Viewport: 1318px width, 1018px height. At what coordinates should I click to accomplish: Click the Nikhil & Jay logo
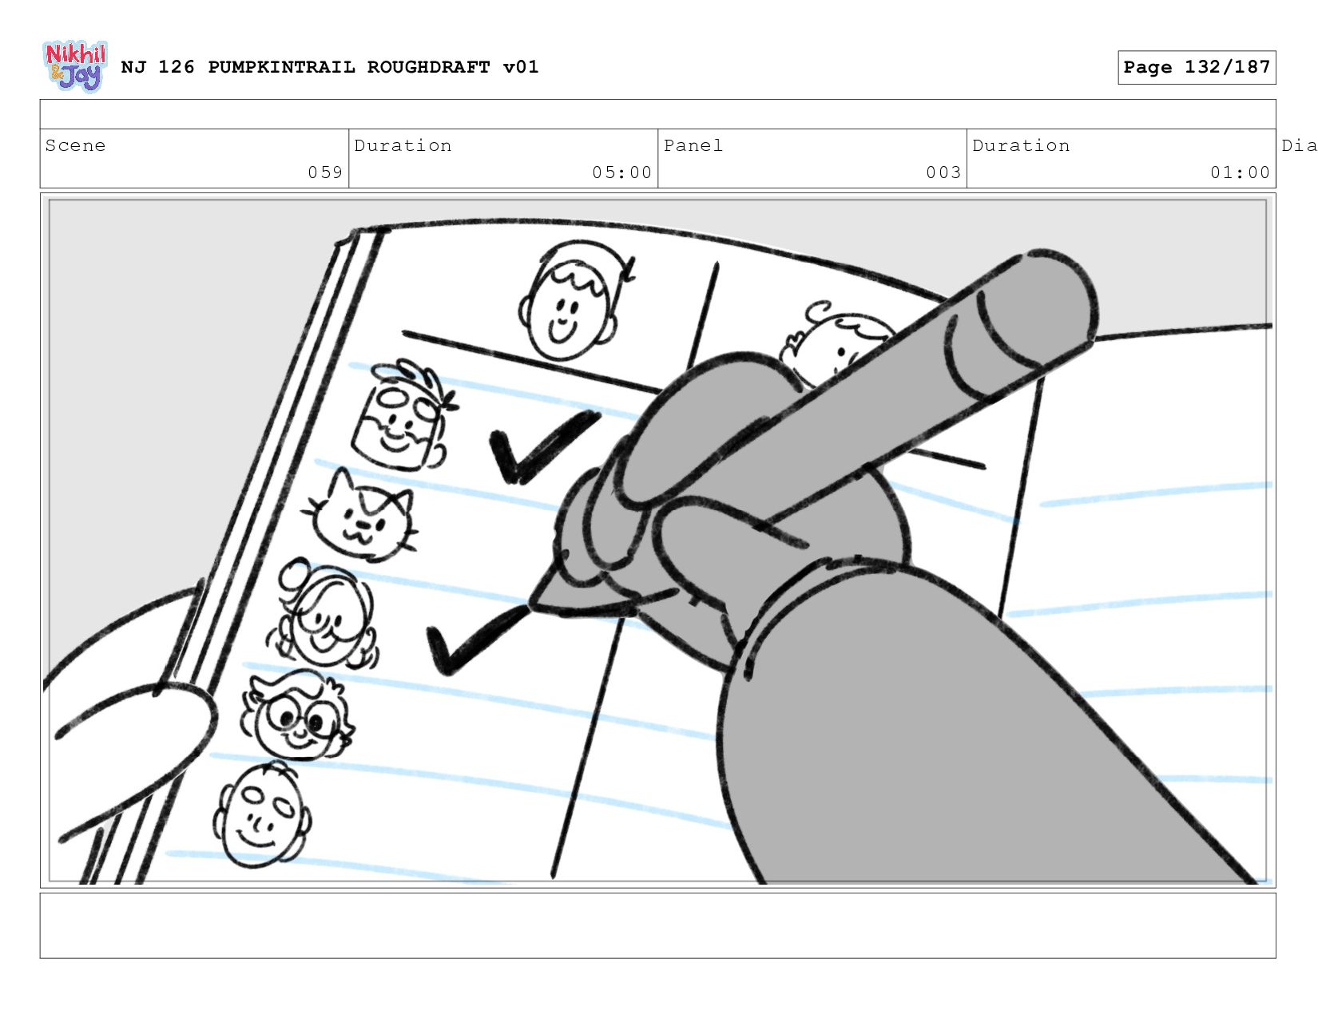point(76,66)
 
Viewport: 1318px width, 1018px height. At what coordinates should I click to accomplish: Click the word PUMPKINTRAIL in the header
point(281,67)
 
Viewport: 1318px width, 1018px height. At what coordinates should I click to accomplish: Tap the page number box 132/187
point(1196,67)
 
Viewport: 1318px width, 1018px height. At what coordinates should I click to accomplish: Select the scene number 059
point(325,172)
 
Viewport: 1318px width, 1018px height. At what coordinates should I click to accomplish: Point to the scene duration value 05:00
point(621,172)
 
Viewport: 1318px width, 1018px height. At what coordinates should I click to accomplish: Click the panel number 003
point(943,172)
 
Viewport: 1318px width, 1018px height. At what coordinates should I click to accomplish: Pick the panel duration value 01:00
point(1240,172)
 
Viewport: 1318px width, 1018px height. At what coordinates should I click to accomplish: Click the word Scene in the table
point(75,145)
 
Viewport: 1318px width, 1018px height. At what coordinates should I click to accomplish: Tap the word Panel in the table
point(693,145)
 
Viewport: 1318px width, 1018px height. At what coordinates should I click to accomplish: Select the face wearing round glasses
point(296,715)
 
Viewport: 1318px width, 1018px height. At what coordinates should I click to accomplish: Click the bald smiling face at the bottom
point(262,814)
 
